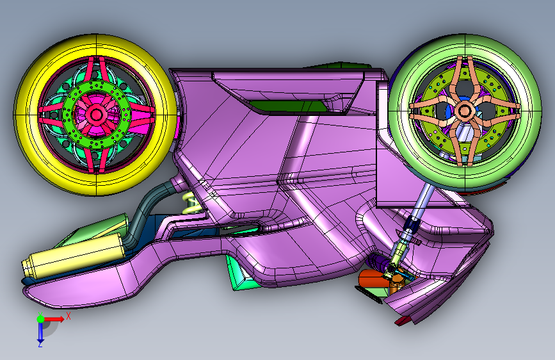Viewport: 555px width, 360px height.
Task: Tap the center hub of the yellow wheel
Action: point(96,115)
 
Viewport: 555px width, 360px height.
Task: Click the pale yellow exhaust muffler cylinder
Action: point(72,256)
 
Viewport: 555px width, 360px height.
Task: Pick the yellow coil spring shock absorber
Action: point(193,203)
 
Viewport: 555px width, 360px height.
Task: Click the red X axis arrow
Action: point(54,319)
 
